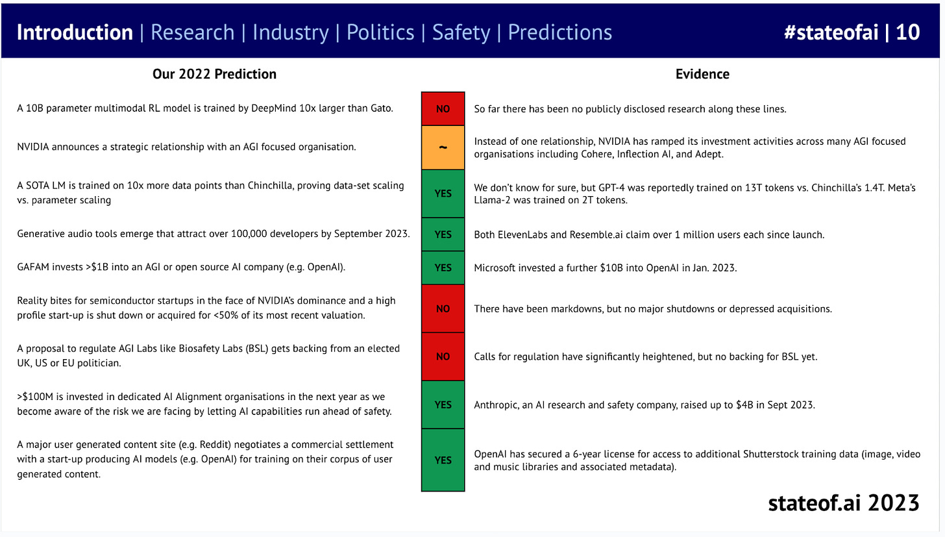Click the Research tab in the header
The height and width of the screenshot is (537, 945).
(192, 32)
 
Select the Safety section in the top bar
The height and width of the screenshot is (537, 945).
(461, 32)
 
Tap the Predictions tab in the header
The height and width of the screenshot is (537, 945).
(559, 32)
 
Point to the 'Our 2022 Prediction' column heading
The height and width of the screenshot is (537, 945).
(214, 74)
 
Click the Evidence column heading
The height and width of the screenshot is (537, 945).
(702, 74)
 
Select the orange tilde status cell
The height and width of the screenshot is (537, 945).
(443, 147)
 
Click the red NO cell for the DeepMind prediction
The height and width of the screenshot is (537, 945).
(443, 109)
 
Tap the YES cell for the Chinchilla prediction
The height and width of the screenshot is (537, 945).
(443, 194)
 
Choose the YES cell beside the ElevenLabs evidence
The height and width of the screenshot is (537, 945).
(443, 234)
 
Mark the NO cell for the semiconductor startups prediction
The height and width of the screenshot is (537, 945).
(443, 309)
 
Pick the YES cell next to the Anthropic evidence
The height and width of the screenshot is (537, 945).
(443, 405)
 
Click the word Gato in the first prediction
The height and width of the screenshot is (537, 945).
(379, 108)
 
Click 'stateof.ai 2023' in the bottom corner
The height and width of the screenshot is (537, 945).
(843, 503)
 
